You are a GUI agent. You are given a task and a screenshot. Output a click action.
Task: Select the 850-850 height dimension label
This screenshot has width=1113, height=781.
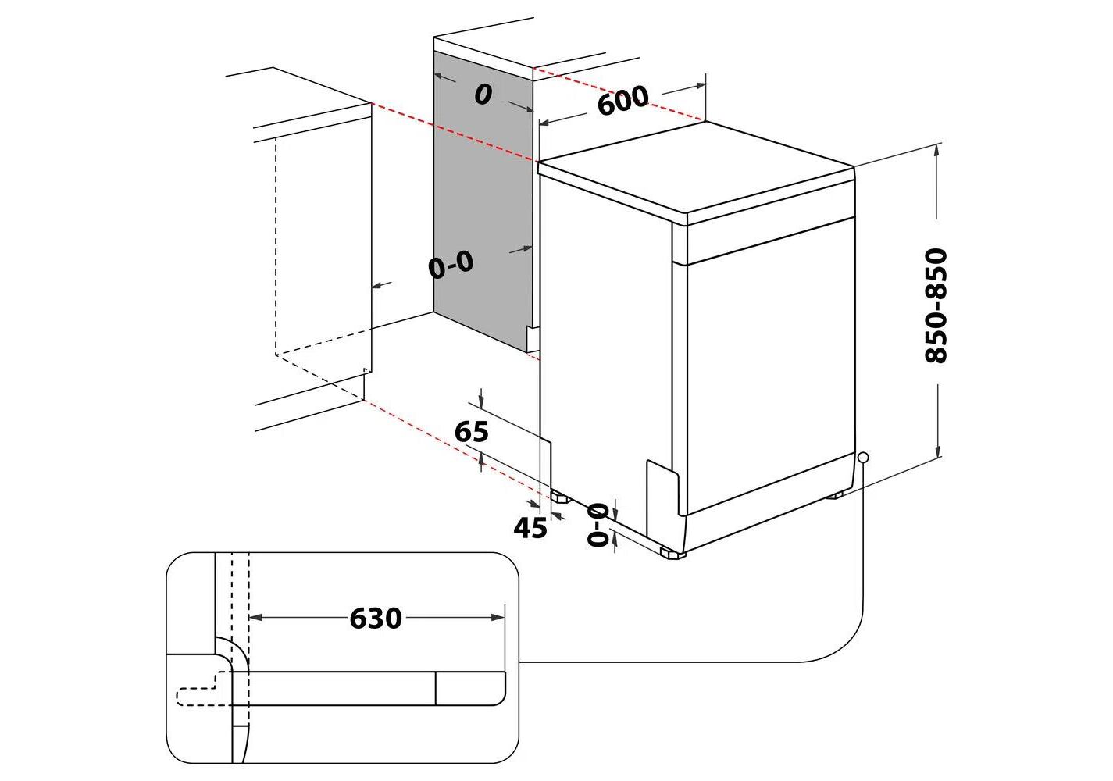[x=936, y=305]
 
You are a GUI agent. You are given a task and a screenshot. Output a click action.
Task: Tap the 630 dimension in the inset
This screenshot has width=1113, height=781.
[x=376, y=618]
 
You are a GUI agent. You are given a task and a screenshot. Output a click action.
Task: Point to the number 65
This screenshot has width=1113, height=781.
[x=471, y=431]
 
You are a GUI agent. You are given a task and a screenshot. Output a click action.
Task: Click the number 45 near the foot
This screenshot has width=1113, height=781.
[x=530, y=529]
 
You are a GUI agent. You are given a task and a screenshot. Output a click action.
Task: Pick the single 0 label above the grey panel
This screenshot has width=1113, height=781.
[x=483, y=95]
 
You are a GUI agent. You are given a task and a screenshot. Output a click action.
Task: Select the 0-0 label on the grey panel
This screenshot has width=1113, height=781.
[x=451, y=266]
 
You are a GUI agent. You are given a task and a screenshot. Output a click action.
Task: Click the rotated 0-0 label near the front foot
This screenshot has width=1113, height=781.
[x=598, y=524]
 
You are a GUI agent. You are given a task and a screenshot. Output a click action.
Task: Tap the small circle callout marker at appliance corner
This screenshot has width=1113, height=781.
[x=862, y=457]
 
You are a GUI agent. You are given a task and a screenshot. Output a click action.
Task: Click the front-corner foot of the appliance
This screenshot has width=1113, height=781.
[x=672, y=554]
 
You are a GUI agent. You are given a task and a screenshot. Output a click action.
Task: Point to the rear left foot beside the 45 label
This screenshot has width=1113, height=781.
[x=559, y=496]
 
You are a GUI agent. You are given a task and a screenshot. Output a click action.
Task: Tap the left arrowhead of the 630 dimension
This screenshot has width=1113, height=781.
[x=255, y=618]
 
